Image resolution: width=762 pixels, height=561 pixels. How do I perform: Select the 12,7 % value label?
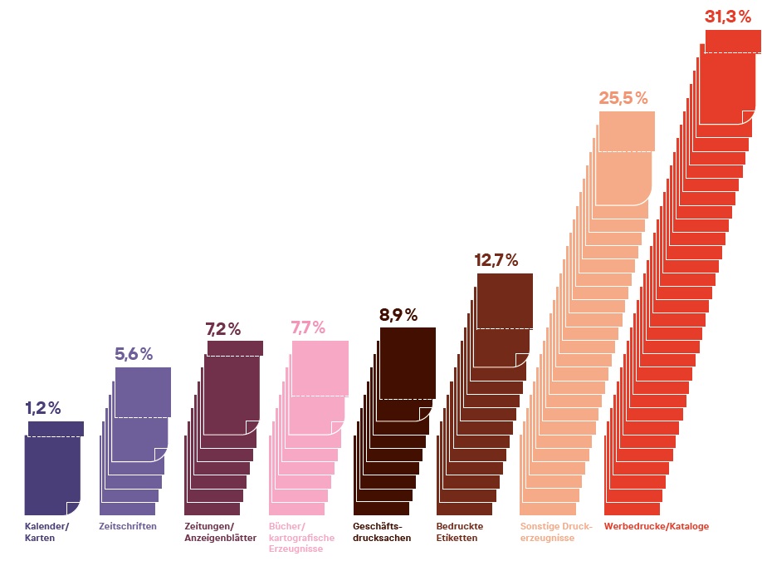(x=496, y=260)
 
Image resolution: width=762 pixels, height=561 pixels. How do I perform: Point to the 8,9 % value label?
(x=398, y=315)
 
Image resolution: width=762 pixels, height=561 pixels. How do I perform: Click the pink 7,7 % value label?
(x=308, y=327)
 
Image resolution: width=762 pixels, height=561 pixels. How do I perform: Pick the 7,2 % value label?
(x=222, y=329)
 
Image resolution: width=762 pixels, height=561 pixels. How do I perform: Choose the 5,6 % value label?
(x=134, y=354)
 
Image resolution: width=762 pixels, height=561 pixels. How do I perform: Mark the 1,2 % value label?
(x=43, y=408)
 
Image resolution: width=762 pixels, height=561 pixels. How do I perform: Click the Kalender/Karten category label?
(x=47, y=532)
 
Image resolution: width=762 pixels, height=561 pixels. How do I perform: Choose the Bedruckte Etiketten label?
(x=460, y=532)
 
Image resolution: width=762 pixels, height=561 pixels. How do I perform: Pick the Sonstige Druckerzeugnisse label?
(x=555, y=532)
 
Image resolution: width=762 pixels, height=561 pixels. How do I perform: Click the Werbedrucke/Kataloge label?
(x=657, y=526)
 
